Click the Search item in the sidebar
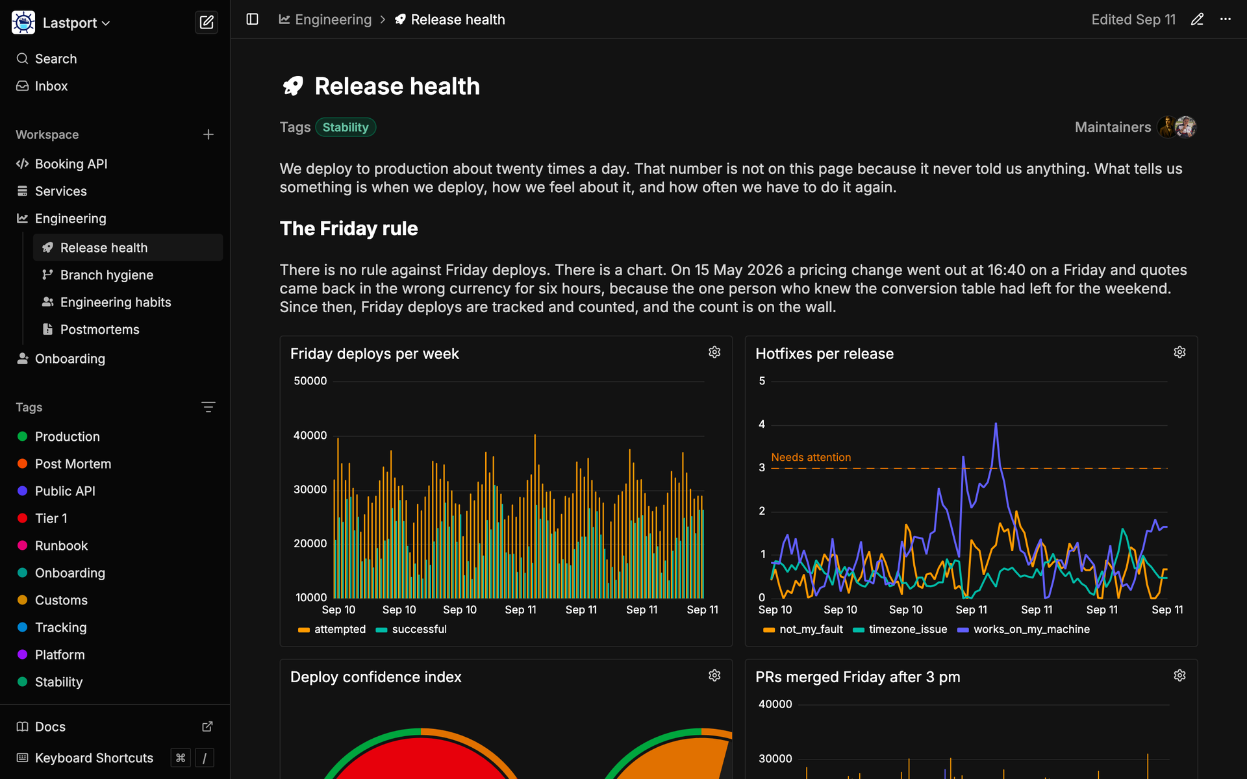[x=56, y=58]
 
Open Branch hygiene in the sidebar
[x=107, y=275]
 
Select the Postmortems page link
[x=99, y=329]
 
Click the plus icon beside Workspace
[x=208, y=134]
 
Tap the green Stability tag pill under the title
[x=346, y=127]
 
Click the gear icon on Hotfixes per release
[x=1179, y=352]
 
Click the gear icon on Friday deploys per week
[x=714, y=352]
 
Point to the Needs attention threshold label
[x=811, y=457]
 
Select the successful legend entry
[x=411, y=629]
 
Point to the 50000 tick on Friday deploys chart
[x=310, y=381]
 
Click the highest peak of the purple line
[x=996, y=424]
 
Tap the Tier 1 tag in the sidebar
[x=51, y=518]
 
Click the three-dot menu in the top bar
[x=1225, y=19]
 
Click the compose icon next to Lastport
[x=207, y=23]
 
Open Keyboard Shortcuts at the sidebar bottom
[x=94, y=758]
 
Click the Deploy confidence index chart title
[x=376, y=677]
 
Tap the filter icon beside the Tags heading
[x=208, y=407]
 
